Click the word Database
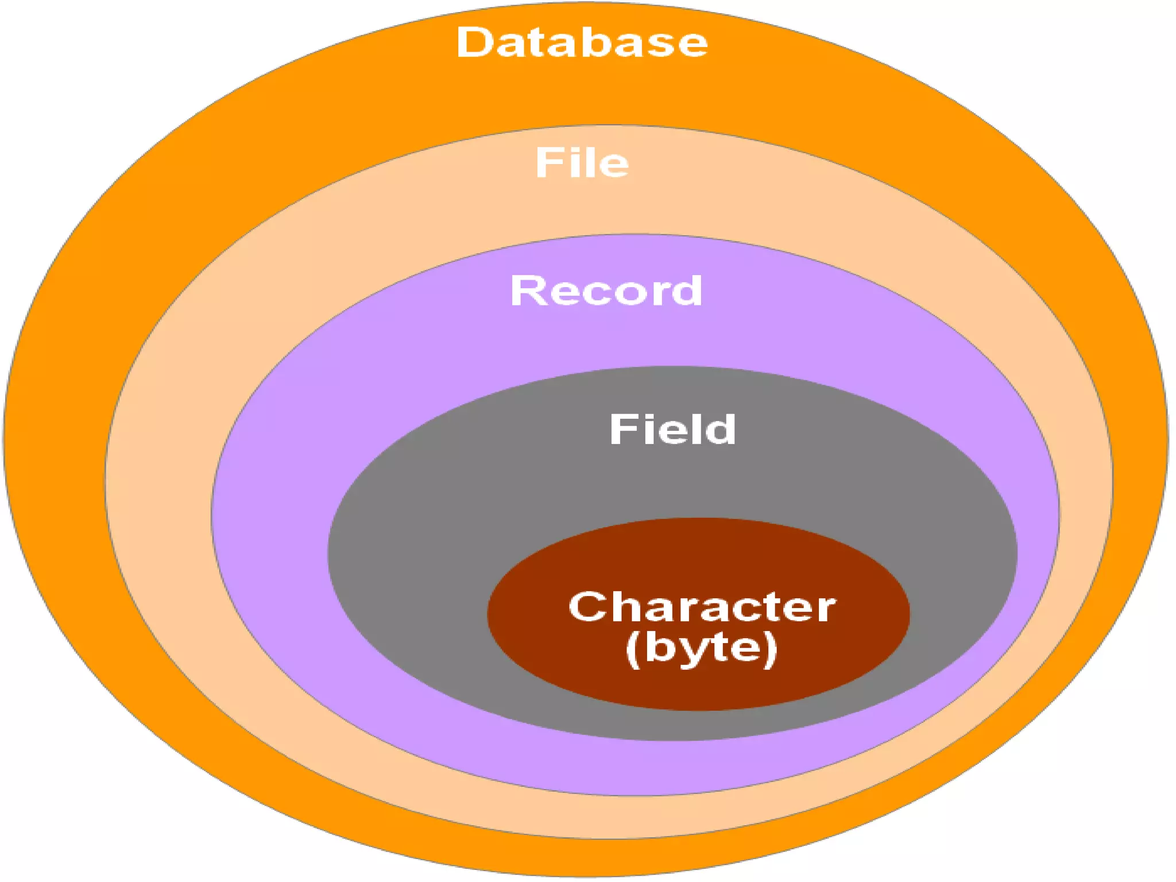(x=582, y=42)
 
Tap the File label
(x=582, y=163)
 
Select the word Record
(x=606, y=290)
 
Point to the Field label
(x=672, y=429)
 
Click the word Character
(x=702, y=607)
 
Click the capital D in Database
(x=474, y=42)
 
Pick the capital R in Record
(x=527, y=290)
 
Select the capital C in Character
(x=587, y=606)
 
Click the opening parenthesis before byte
(x=633, y=649)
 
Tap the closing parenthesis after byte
(x=771, y=649)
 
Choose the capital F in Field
(x=622, y=429)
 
